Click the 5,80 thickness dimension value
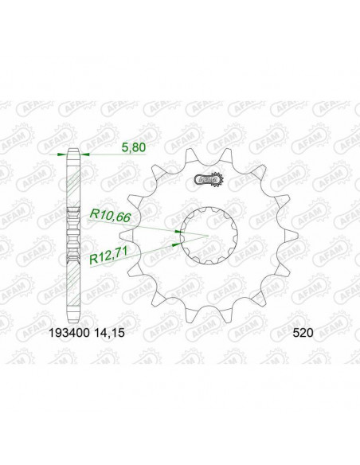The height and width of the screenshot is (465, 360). point(112,147)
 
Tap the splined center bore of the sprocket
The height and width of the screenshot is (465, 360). point(208,234)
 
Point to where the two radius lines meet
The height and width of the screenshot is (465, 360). point(208,236)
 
